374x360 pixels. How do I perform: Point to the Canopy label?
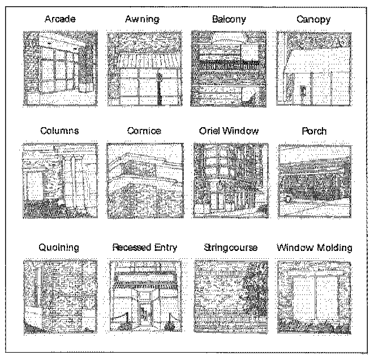313,20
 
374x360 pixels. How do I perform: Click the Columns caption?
59,131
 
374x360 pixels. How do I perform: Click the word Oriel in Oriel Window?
212,131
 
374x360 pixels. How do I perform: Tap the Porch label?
314,131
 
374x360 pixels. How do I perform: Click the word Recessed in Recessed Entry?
132,248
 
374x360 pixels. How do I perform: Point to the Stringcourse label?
228,248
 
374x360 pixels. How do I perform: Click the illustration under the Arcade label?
60,67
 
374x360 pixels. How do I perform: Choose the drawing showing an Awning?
144,67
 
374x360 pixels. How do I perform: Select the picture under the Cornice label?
144,180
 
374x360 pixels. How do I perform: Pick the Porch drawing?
315,180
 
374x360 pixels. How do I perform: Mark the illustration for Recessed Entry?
144,297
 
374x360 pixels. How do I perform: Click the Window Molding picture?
315,297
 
